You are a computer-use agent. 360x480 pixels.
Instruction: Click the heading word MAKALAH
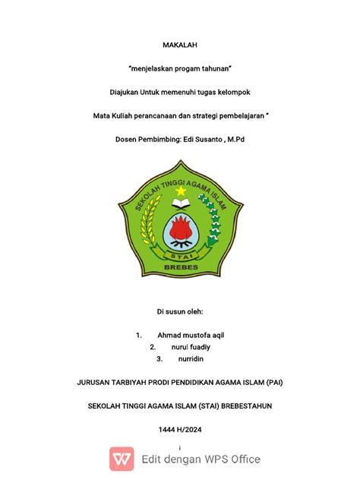[180, 46]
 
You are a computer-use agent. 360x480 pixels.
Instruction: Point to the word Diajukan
[125, 93]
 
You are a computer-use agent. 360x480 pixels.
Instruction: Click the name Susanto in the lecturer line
[210, 140]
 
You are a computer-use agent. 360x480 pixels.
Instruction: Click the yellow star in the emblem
[181, 191]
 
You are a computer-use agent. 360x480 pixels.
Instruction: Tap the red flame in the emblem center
[181, 227]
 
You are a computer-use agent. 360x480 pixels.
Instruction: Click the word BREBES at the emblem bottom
[180, 267]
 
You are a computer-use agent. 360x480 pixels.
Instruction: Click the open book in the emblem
[181, 204]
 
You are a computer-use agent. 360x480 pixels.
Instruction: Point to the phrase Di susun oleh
[180, 311]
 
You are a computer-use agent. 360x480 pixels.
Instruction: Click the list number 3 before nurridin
[159, 358]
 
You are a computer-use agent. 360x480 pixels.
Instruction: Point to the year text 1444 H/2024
[180, 429]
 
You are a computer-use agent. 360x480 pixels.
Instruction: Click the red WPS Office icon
[122, 459]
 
